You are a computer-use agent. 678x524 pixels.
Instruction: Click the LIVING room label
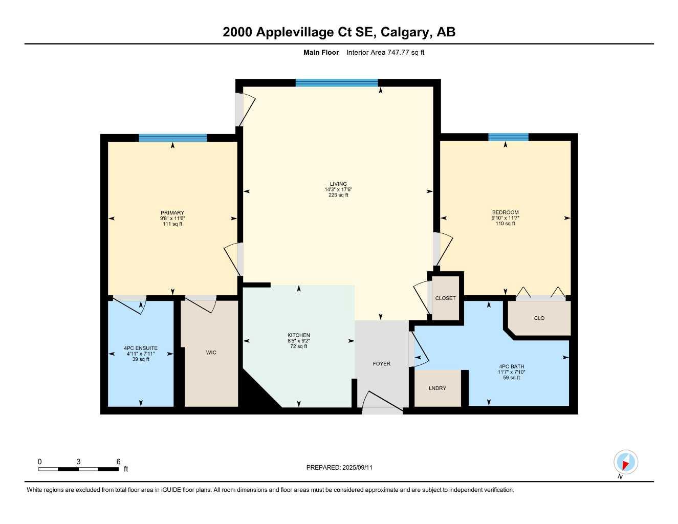[x=338, y=184]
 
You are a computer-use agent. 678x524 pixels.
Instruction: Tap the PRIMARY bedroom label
[x=172, y=213]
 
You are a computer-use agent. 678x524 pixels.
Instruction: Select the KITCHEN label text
[x=299, y=335]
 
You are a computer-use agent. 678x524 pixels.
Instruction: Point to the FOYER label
[x=381, y=364]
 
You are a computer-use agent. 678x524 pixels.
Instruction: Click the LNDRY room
[x=438, y=388]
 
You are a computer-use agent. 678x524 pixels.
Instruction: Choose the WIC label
[x=211, y=353]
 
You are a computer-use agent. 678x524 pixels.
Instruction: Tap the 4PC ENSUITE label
[x=141, y=348]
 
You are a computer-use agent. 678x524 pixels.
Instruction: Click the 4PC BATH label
[x=512, y=366]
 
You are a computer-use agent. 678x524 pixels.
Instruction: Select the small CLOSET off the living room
[x=445, y=298]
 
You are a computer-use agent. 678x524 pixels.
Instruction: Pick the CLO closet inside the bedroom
[x=539, y=318]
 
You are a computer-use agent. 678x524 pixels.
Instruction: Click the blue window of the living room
[x=337, y=83]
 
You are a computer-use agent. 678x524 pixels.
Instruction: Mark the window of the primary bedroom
[x=173, y=138]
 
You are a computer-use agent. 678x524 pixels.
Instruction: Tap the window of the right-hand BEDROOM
[x=508, y=137]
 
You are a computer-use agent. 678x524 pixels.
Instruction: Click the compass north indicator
[x=625, y=463]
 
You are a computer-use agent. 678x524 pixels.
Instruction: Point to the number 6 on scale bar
[x=118, y=462]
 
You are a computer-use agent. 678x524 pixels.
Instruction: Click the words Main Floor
[x=321, y=52]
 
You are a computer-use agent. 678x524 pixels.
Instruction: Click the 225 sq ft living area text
[x=338, y=195]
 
